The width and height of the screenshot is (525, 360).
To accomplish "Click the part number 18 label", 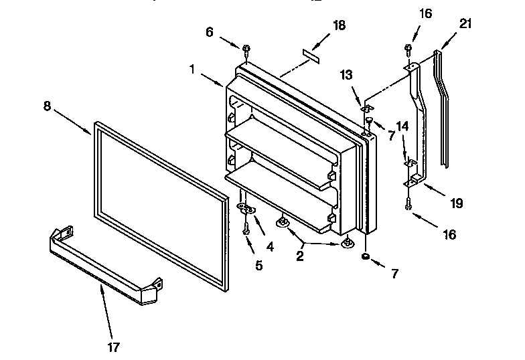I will [x=339, y=25].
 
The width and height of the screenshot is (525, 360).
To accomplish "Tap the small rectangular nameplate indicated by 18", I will [x=310, y=52].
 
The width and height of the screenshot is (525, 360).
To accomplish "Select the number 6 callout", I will [x=210, y=31].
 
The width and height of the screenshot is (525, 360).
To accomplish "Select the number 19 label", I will [x=456, y=203].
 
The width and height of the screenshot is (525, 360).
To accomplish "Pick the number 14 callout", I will [x=402, y=126].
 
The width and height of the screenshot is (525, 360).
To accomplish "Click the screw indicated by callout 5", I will [x=246, y=228].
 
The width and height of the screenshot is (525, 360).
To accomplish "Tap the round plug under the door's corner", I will [x=366, y=256].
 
